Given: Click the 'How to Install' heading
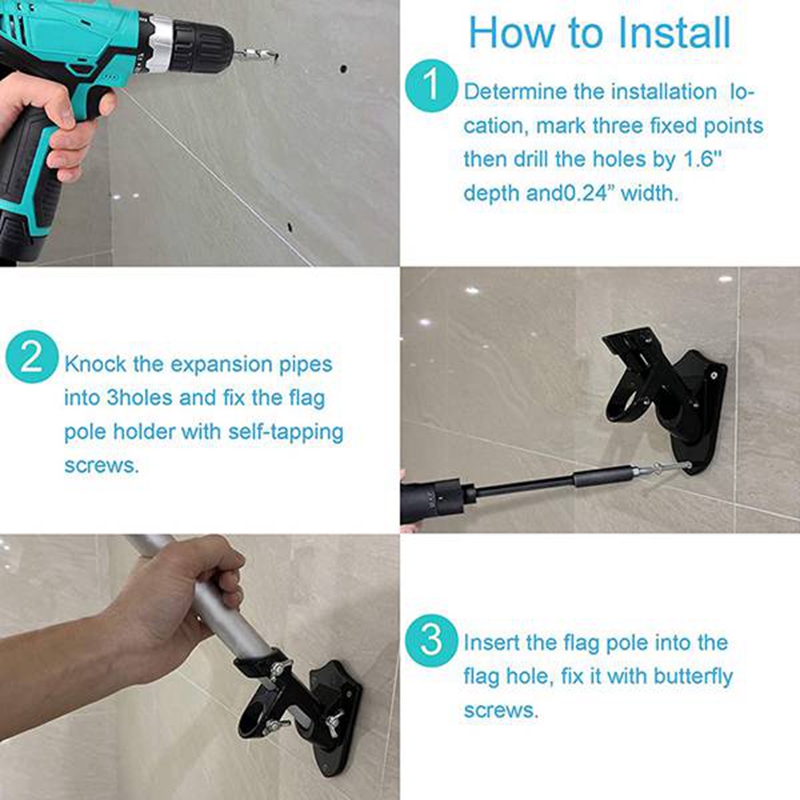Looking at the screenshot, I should click(599, 32).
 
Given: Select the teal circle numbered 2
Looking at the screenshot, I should click(31, 359).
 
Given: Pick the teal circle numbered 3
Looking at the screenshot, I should click(431, 640).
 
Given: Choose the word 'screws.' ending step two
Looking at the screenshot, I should click(101, 466).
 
